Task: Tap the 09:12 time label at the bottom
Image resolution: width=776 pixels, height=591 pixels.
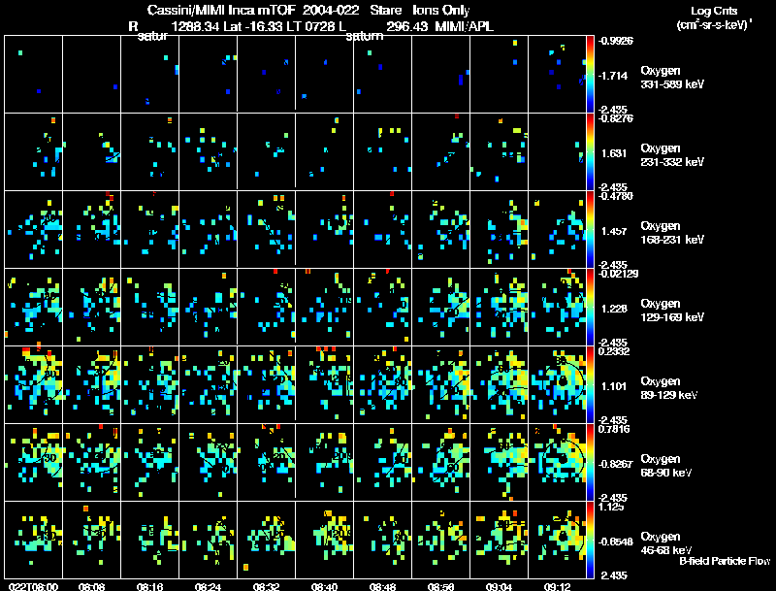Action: (x=556, y=586)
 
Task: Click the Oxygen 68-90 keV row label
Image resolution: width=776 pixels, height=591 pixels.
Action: (x=669, y=464)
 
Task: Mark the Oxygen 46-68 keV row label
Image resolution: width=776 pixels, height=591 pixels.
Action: (x=669, y=542)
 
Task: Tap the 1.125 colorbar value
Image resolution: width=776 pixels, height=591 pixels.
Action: (x=610, y=507)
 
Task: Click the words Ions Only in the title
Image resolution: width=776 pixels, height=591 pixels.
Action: (x=441, y=11)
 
